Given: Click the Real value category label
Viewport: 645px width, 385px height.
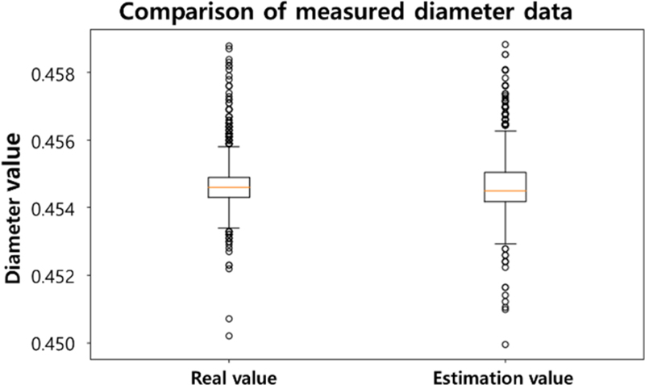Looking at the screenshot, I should coord(229,377).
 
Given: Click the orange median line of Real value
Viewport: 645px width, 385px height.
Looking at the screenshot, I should coord(229,187).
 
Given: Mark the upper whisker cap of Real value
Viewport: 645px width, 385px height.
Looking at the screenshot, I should coord(229,147).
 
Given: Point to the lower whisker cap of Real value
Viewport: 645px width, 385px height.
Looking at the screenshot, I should coord(229,228).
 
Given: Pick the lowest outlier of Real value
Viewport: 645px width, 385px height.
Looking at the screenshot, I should coord(229,335).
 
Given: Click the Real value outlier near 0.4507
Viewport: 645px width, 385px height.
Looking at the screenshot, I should coord(229,318).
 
